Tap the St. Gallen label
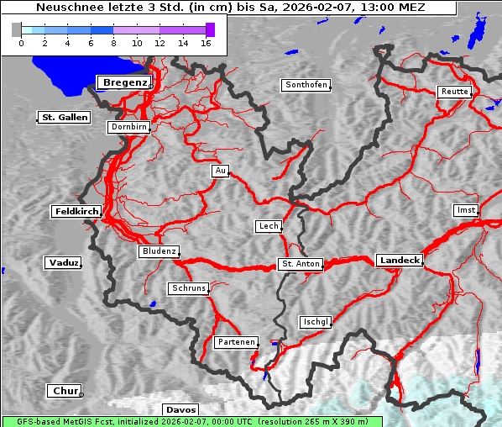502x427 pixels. (64, 118)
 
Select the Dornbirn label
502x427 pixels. (129, 128)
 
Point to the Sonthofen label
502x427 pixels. (306, 85)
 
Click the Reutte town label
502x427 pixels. (453, 92)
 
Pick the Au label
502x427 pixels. (220, 171)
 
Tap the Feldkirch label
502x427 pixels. (76, 212)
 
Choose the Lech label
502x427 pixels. (268, 226)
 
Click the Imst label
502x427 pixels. (464, 210)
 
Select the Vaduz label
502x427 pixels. (63, 263)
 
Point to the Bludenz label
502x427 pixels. (159, 251)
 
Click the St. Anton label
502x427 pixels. (300, 264)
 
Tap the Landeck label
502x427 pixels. (399, 261)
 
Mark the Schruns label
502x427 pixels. (188, 288)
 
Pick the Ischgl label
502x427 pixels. (316, 322)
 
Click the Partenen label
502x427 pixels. (235, 342)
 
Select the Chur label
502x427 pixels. (64, 391)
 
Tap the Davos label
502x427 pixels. (180, 409)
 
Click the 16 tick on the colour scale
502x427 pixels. (206, 43)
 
